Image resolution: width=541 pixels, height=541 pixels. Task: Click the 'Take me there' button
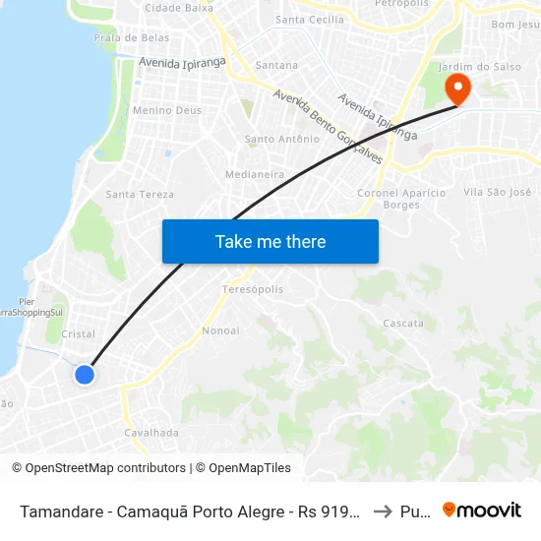[x=270, y=241]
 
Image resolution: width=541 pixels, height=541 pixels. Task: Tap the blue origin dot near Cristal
[x=85, y=374]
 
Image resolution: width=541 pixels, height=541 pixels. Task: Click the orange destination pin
[x=457, y=89]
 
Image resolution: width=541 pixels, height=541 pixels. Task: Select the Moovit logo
[x=481, y=511]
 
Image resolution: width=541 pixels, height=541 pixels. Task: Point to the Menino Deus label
[x=166, y=110]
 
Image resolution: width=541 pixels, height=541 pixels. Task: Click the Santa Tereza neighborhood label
[x=140, y=194]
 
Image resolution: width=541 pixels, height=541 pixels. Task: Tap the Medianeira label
[x=255, y=174]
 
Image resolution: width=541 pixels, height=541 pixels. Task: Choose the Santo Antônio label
[x=281, y=140]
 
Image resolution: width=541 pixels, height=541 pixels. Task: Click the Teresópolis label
[x=253, y=290]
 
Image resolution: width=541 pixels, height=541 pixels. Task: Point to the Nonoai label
[x=220, y=331]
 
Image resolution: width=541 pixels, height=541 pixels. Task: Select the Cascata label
[x=403, y=323]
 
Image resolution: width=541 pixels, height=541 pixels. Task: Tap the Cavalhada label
[x=151, y=432]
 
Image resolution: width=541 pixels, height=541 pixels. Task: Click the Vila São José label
[x=497, y=192]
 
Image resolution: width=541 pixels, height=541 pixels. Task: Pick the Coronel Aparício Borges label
[x=401, y=199]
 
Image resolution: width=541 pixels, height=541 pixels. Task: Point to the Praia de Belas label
[x=131, y=38]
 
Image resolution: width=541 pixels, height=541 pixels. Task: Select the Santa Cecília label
[x=310, y=19]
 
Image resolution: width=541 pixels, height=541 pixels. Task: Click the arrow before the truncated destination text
[x=384, y=511]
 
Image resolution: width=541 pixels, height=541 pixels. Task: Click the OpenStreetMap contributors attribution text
[x=105, y=468]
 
